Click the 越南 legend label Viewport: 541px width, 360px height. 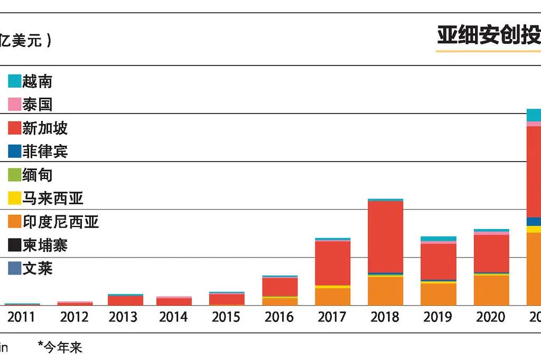(37, 81)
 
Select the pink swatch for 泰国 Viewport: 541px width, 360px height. (14, 105)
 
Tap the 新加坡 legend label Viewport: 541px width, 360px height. (45, 128)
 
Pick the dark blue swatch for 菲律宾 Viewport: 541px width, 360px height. (14, 151)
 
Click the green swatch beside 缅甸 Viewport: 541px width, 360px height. (14, 175)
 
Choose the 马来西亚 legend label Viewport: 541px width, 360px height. (53, 198)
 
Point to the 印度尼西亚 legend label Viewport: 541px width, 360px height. (60, 221)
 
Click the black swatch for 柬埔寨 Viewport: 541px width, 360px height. (14, 245)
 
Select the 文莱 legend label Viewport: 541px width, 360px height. (37, 268)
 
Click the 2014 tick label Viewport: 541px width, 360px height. (173, 317)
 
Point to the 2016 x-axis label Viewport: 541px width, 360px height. (279, 317)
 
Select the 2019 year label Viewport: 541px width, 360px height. (437, 317)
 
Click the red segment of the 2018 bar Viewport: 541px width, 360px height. (385, 236)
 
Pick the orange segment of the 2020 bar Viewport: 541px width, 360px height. (491, 290)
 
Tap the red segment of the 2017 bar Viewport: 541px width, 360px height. (332, 263)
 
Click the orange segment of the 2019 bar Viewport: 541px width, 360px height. (438, 295)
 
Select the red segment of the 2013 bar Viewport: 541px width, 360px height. (125, 300)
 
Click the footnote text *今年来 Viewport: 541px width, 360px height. (60, 347)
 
